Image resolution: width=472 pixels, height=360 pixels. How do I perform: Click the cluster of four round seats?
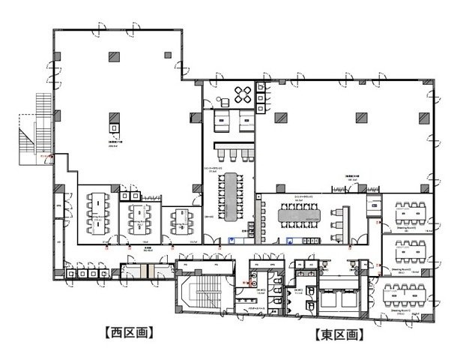click(x=243, y=94)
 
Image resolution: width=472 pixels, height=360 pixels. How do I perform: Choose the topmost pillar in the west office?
click(x=115, y=56)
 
